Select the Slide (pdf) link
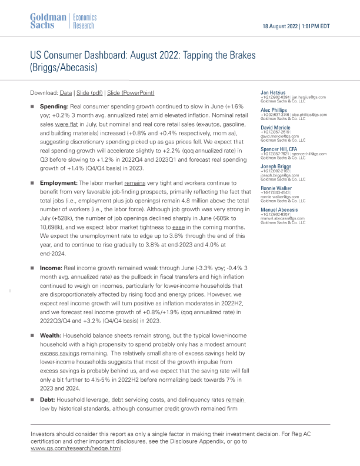coord(95,93)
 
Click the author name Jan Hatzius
coord(273,93)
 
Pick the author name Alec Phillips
coord(274,110)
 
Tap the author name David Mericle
coord(275,127)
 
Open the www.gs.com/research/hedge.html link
coord(76,448)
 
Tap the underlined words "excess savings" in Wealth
coord(57,355)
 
